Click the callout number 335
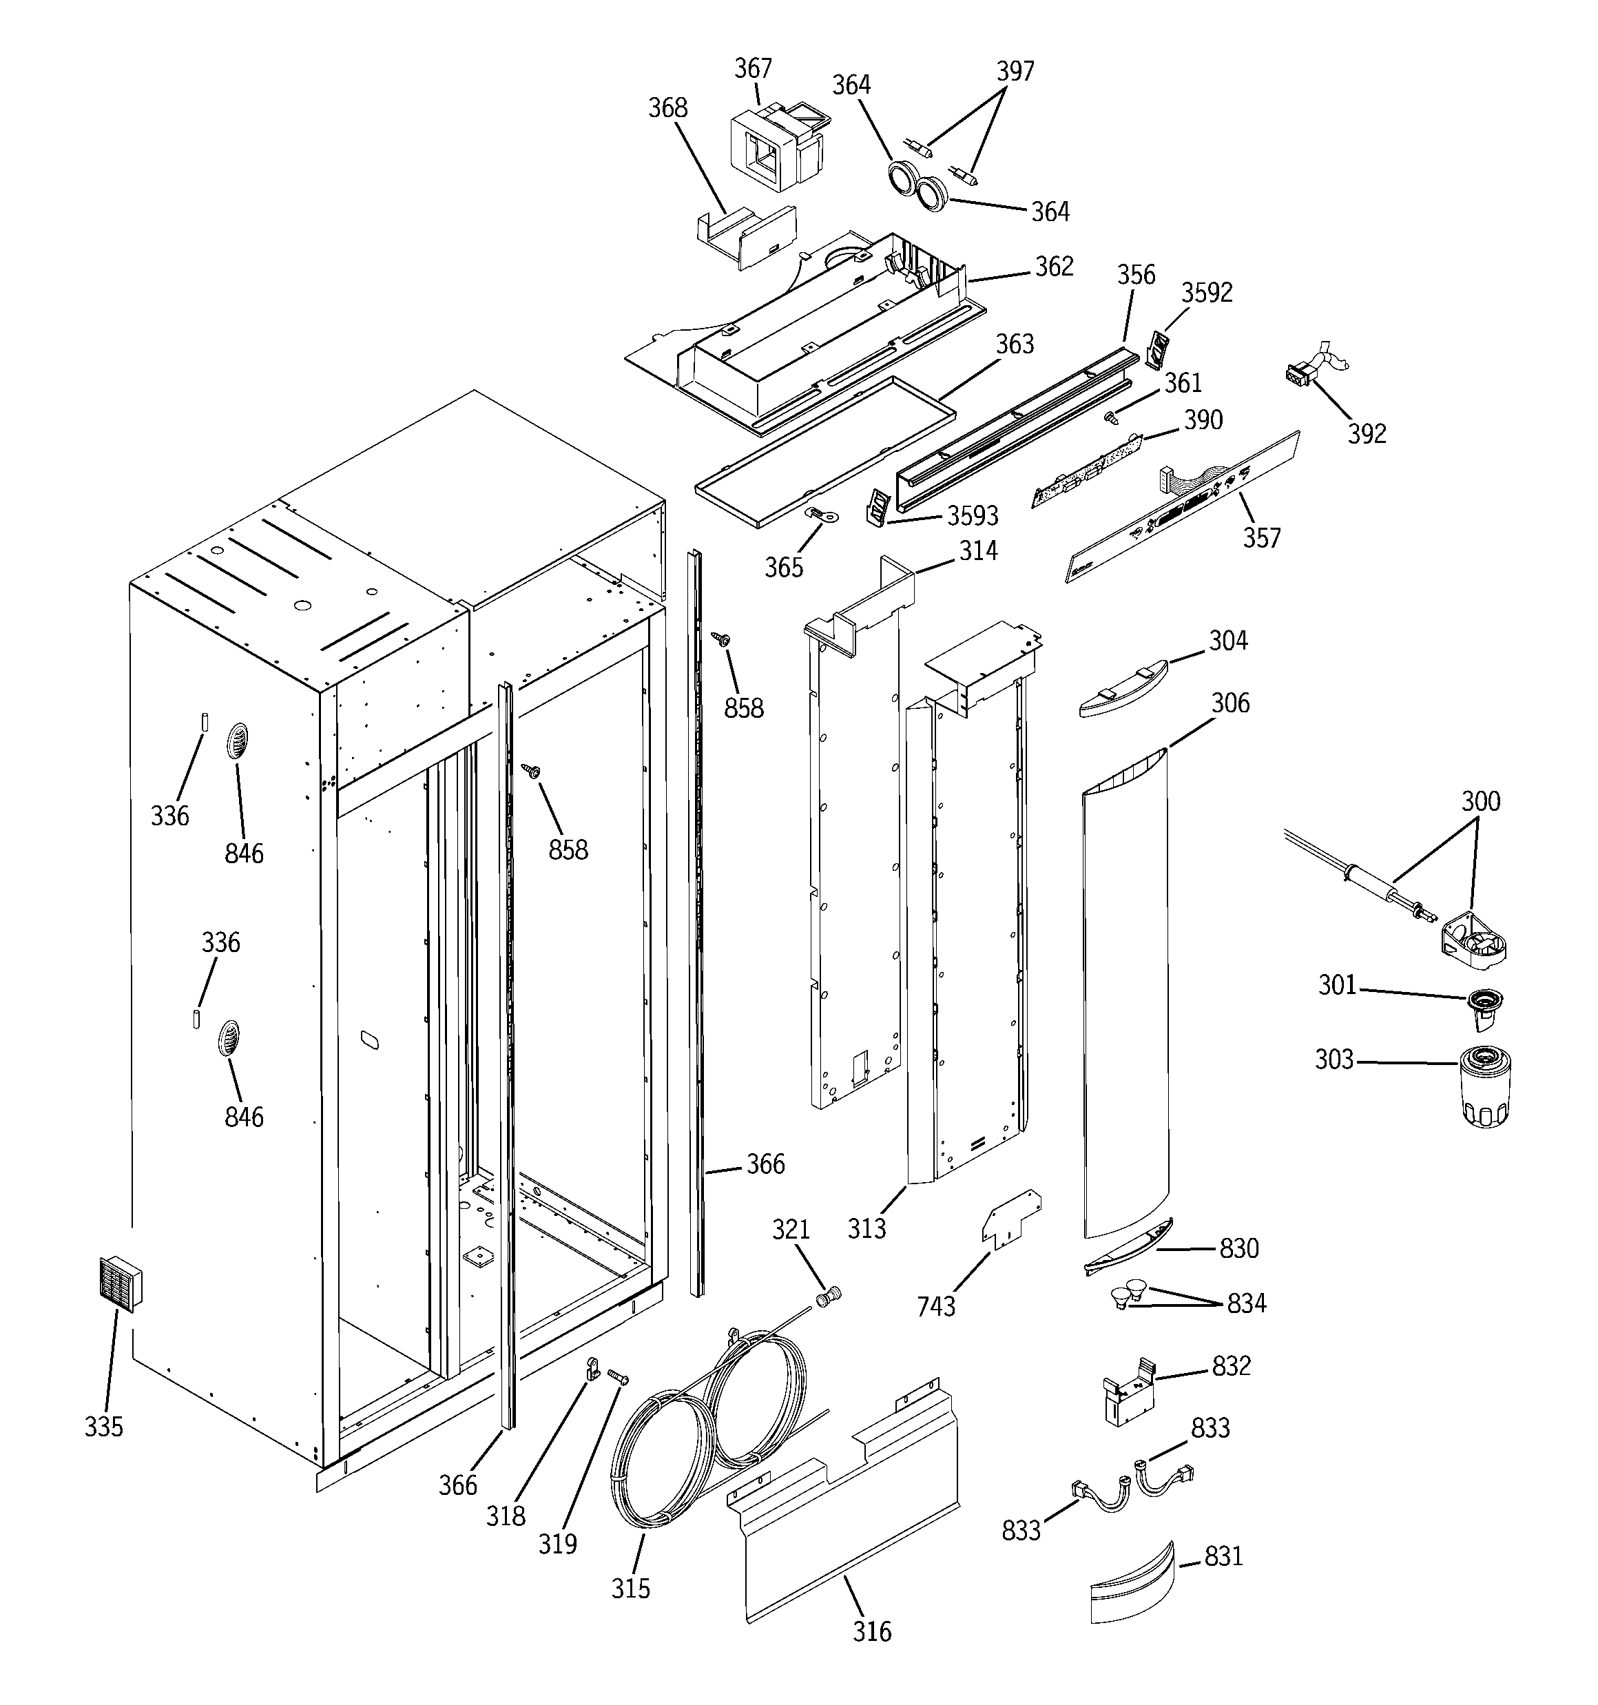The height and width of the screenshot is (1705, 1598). (104, 1426)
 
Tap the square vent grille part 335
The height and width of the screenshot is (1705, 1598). (120, 1285)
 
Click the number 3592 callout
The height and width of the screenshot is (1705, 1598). (1207, 293)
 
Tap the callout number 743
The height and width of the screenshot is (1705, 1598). (936, 1306)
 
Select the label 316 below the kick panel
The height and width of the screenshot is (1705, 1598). (872, 1631)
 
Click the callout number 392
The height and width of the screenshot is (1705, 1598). (1367, 434)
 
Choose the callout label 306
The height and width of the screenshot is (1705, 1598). (1230, 703)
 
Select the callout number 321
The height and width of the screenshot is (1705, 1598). (791, 1229)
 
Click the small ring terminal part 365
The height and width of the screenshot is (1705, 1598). (822, 515)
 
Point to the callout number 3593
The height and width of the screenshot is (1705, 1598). (973, 515)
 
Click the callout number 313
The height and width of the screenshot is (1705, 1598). (867, 1228)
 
